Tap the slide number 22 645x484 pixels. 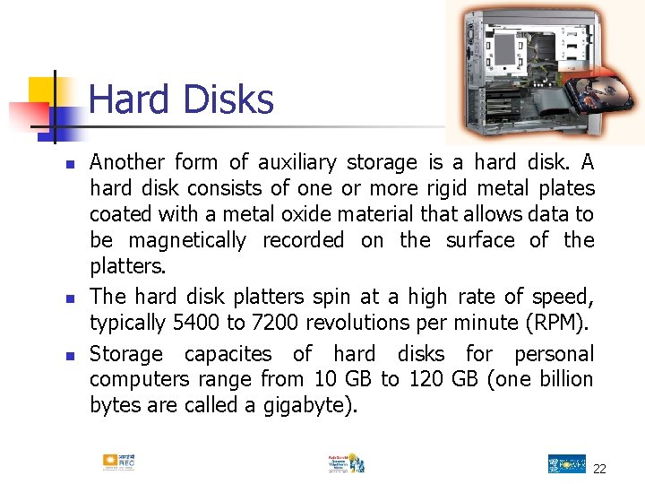coord(599,469)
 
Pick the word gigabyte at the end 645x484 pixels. coord(308,405)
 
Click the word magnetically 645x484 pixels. coord(187,240)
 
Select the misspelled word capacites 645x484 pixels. coord(228,354)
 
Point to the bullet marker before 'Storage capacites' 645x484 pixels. coord(68,356)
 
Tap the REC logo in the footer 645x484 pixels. coord(118,462)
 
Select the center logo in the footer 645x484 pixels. coord(346,462)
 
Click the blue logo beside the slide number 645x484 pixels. coord(566,463)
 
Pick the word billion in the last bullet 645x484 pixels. coord(563,380)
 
